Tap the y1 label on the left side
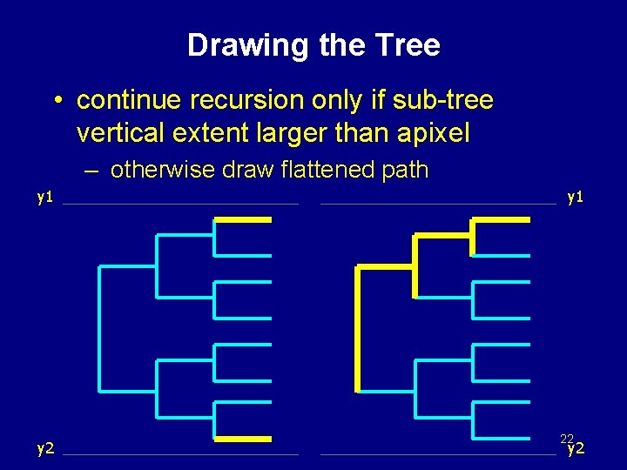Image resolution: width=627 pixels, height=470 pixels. coord(45,197)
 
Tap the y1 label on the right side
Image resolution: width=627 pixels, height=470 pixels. coord(575,197)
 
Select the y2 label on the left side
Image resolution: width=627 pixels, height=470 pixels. coord(45,449)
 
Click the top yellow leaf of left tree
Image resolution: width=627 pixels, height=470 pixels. coord(243,220)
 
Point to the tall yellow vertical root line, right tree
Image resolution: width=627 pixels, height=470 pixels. coord(357,329)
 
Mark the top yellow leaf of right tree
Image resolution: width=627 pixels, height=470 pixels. coord(501,220)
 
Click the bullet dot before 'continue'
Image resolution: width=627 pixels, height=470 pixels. coord(55,102)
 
